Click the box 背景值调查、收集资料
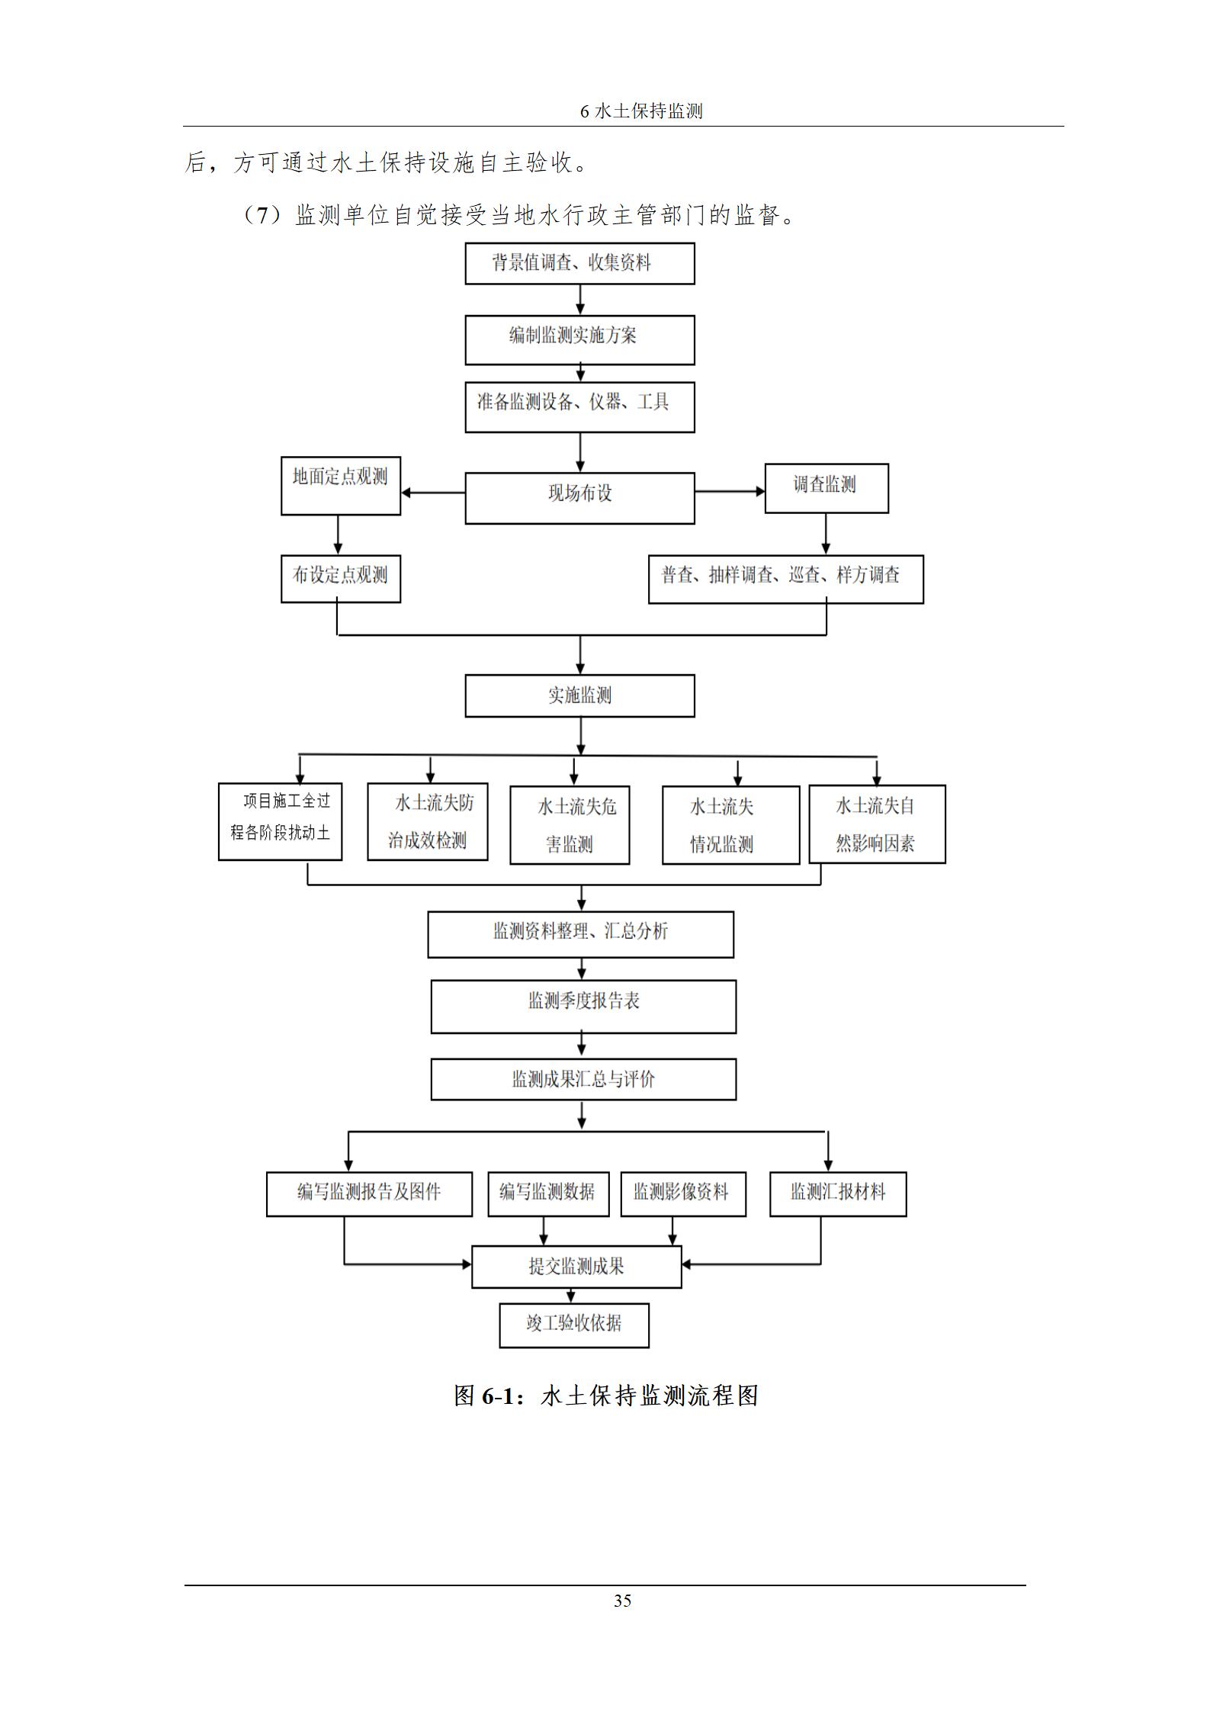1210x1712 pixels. [x=579, y=264]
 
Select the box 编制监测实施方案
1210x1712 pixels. [x=579, y=339]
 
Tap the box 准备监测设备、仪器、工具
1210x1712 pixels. [x=579, y=407]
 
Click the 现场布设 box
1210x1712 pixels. [x=579, y=497]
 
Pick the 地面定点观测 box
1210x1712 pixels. [x=340, y=486]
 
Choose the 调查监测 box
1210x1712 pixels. [x=826, y=488]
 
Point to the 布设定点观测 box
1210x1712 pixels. [x=340, y=579]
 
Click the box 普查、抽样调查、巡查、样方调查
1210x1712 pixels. [x=785, y=579]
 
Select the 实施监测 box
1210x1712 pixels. [x=579, y=695]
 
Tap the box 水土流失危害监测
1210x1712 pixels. [x=570, y=825]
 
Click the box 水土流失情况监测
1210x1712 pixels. [x=730, y=825]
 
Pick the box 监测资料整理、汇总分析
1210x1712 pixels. [x=580, y=934]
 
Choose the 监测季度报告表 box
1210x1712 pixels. [x=583, y=1007]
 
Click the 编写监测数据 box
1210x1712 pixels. [x=548, y=1193]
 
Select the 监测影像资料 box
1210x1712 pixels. [x=682, y=1193]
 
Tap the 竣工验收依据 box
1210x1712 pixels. [x=574, y=1325]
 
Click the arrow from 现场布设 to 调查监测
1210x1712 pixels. [x=729, y=492]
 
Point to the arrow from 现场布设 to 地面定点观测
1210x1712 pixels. [x=433, y=493]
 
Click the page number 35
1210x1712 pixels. [x=622, y=1601]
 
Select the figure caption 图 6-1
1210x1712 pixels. [x=605, y=1396]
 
